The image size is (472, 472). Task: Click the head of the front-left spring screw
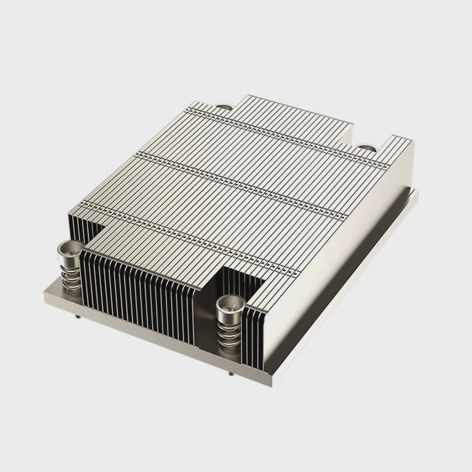pyautogui.click(x=68, y=248)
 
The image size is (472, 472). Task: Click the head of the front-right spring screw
pyautogui.click(x=228, y=303)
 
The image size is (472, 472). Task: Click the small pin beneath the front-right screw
pyautogui.click(x=231, y=374)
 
